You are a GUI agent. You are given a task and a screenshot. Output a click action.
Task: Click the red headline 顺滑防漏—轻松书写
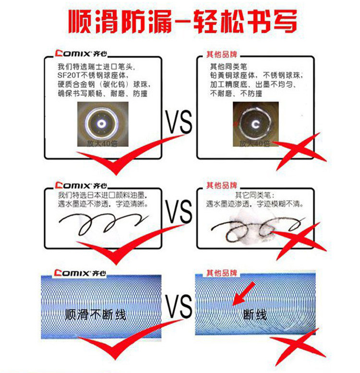(182, 22)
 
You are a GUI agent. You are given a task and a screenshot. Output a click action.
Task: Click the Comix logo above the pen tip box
(81, 53)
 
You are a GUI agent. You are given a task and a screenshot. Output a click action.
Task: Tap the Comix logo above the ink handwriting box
(81, 185)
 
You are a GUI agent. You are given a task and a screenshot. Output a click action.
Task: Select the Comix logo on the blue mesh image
(80, 273)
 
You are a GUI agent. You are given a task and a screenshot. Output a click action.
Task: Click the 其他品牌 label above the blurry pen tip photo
(222, 54)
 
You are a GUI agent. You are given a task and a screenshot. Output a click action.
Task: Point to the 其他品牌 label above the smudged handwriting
(222, 185)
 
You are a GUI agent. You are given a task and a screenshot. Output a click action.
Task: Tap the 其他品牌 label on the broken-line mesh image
(222, 273)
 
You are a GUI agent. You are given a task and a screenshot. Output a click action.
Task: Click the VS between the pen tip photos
(179, 122)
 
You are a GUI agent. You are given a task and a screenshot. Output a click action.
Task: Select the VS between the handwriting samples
(179, 212)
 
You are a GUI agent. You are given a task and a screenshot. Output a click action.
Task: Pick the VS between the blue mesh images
(179, 306)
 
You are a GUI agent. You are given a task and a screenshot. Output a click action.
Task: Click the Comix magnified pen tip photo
(103, 124)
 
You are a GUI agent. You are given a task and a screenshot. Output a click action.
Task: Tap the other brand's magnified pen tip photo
(256, 124)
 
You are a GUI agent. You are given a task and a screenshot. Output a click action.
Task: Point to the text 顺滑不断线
(96, 315)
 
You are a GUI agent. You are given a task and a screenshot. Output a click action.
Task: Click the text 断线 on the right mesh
(255, 315)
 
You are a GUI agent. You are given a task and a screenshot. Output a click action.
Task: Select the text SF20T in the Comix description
(69, 75)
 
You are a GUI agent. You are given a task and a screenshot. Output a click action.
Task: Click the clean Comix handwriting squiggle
(104, 224)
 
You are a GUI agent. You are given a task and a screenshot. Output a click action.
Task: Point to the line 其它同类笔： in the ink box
(255, 195)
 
